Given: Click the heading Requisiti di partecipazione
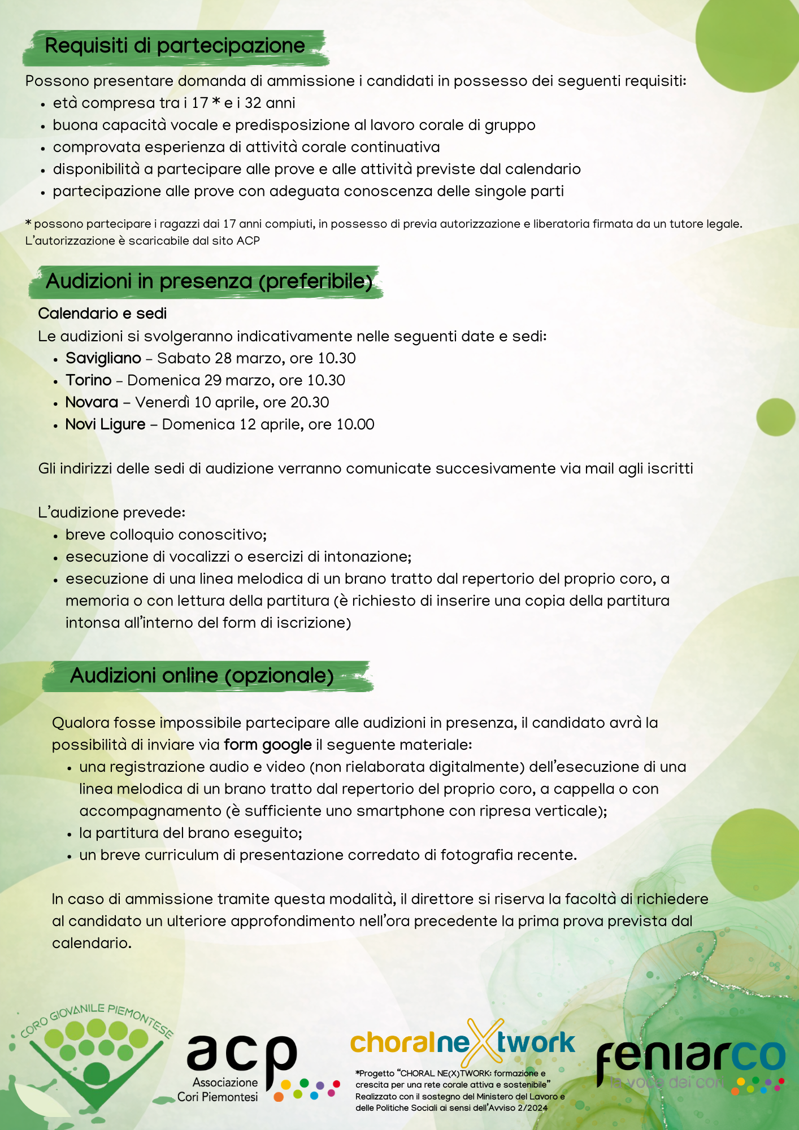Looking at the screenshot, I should point(175,46).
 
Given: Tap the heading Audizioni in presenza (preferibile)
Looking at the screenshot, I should point(209,281).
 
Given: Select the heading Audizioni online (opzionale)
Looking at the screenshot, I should point(202,675).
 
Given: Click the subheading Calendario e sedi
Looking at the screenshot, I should point(102,314).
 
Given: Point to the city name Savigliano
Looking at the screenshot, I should point(103,358).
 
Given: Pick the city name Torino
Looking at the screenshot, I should point(89,380).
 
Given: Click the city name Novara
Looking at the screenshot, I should point(92,402).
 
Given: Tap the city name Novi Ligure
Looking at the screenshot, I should point(106,424).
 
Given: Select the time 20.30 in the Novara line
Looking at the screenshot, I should point(310,402).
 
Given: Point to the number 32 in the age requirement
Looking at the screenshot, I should point(253,103).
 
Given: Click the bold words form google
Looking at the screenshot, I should point(268,745).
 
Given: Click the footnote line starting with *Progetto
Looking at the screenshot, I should point(450,1073).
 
